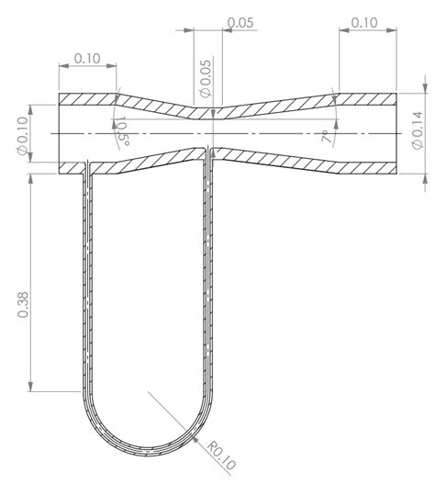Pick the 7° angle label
(x=326, y=138)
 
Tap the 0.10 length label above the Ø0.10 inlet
(x=88, y=58)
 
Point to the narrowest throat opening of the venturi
(x=213, y=133)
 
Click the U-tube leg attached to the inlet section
(x=86, y=276)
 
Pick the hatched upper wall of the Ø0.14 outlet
(x=367, y=100)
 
